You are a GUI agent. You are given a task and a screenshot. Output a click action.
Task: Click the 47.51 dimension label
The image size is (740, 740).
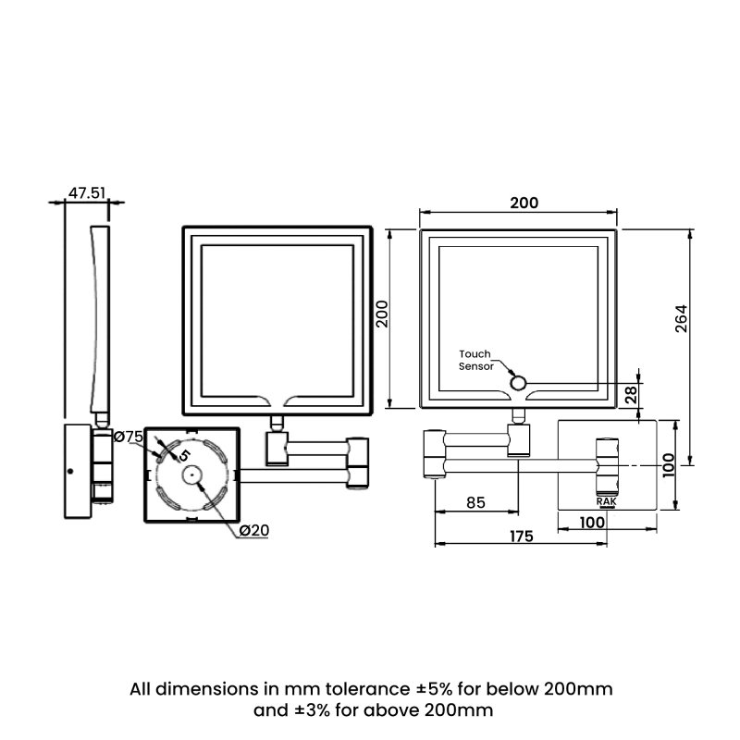point(87,193)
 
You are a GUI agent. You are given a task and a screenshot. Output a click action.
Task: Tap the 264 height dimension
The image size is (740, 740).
point(681,319)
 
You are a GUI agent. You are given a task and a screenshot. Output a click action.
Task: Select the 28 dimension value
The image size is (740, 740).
point(631,395)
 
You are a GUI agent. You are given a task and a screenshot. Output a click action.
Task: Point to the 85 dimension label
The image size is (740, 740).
point(475,502)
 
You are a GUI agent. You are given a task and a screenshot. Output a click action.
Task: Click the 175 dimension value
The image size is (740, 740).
point(522,536)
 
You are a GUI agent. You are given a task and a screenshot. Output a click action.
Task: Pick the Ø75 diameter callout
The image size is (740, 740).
point(129,437)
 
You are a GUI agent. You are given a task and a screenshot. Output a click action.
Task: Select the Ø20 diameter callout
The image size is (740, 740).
point(254,530)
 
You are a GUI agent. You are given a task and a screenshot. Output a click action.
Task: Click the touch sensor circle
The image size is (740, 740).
point(518,383)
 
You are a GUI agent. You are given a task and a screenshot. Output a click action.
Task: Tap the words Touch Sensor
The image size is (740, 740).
point(475,360)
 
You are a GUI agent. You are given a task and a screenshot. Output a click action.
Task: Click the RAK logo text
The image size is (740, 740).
point(607,501)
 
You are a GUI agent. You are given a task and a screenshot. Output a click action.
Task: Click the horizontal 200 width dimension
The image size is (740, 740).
point(524,203)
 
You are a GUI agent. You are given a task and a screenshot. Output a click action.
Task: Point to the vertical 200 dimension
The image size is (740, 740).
point(382,314)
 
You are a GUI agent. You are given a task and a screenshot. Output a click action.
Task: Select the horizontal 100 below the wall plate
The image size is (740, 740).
point(592,523)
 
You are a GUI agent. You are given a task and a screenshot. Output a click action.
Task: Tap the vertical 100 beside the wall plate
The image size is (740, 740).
point(668,465)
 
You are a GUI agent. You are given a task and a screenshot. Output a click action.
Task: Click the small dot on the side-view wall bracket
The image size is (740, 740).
point(70,471)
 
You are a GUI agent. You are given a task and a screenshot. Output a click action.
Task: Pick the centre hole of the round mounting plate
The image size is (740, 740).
point(191,475)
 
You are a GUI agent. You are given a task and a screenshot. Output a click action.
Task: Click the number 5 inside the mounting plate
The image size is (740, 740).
point(184,455)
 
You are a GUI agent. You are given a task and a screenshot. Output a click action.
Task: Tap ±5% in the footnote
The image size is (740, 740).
point(434,689)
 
